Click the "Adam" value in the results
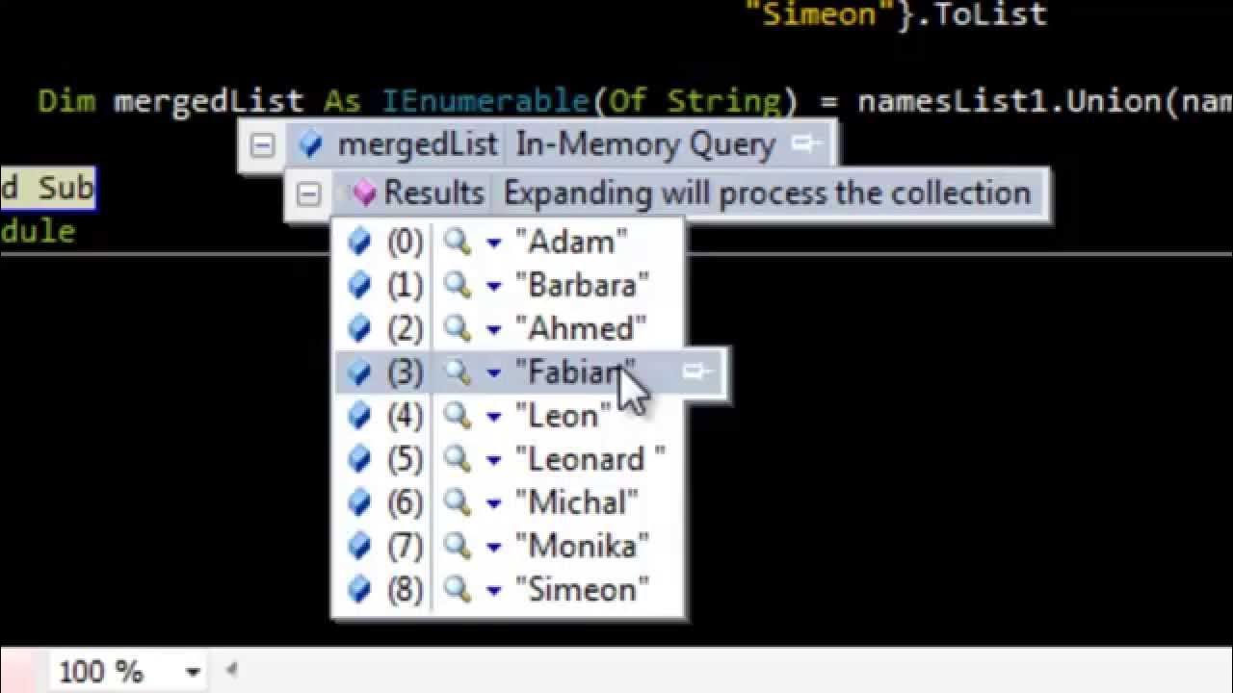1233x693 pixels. (572, 242)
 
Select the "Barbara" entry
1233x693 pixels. (583, 285)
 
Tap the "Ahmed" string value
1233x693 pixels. (582, 328)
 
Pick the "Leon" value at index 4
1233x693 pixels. (564, 416)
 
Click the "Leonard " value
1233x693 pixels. (590, 459)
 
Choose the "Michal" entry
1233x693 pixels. (577, 502)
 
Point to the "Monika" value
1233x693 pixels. (583, 546)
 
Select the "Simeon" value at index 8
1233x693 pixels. (583, 589)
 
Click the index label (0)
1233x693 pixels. (405, 242)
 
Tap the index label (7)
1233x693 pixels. (405, 546)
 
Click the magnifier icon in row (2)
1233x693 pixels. (458, 328)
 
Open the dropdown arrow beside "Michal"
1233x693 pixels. (494, 503)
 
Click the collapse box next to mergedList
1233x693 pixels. (262, 145)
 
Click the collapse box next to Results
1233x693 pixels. (308, 193)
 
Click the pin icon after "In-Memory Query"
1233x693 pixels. (805, 144)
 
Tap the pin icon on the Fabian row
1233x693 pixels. (696, 372)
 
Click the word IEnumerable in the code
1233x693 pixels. (485, 101)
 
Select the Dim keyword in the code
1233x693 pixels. (66, 101)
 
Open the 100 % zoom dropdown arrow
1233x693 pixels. (193, 672)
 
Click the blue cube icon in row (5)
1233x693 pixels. (359, 459)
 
